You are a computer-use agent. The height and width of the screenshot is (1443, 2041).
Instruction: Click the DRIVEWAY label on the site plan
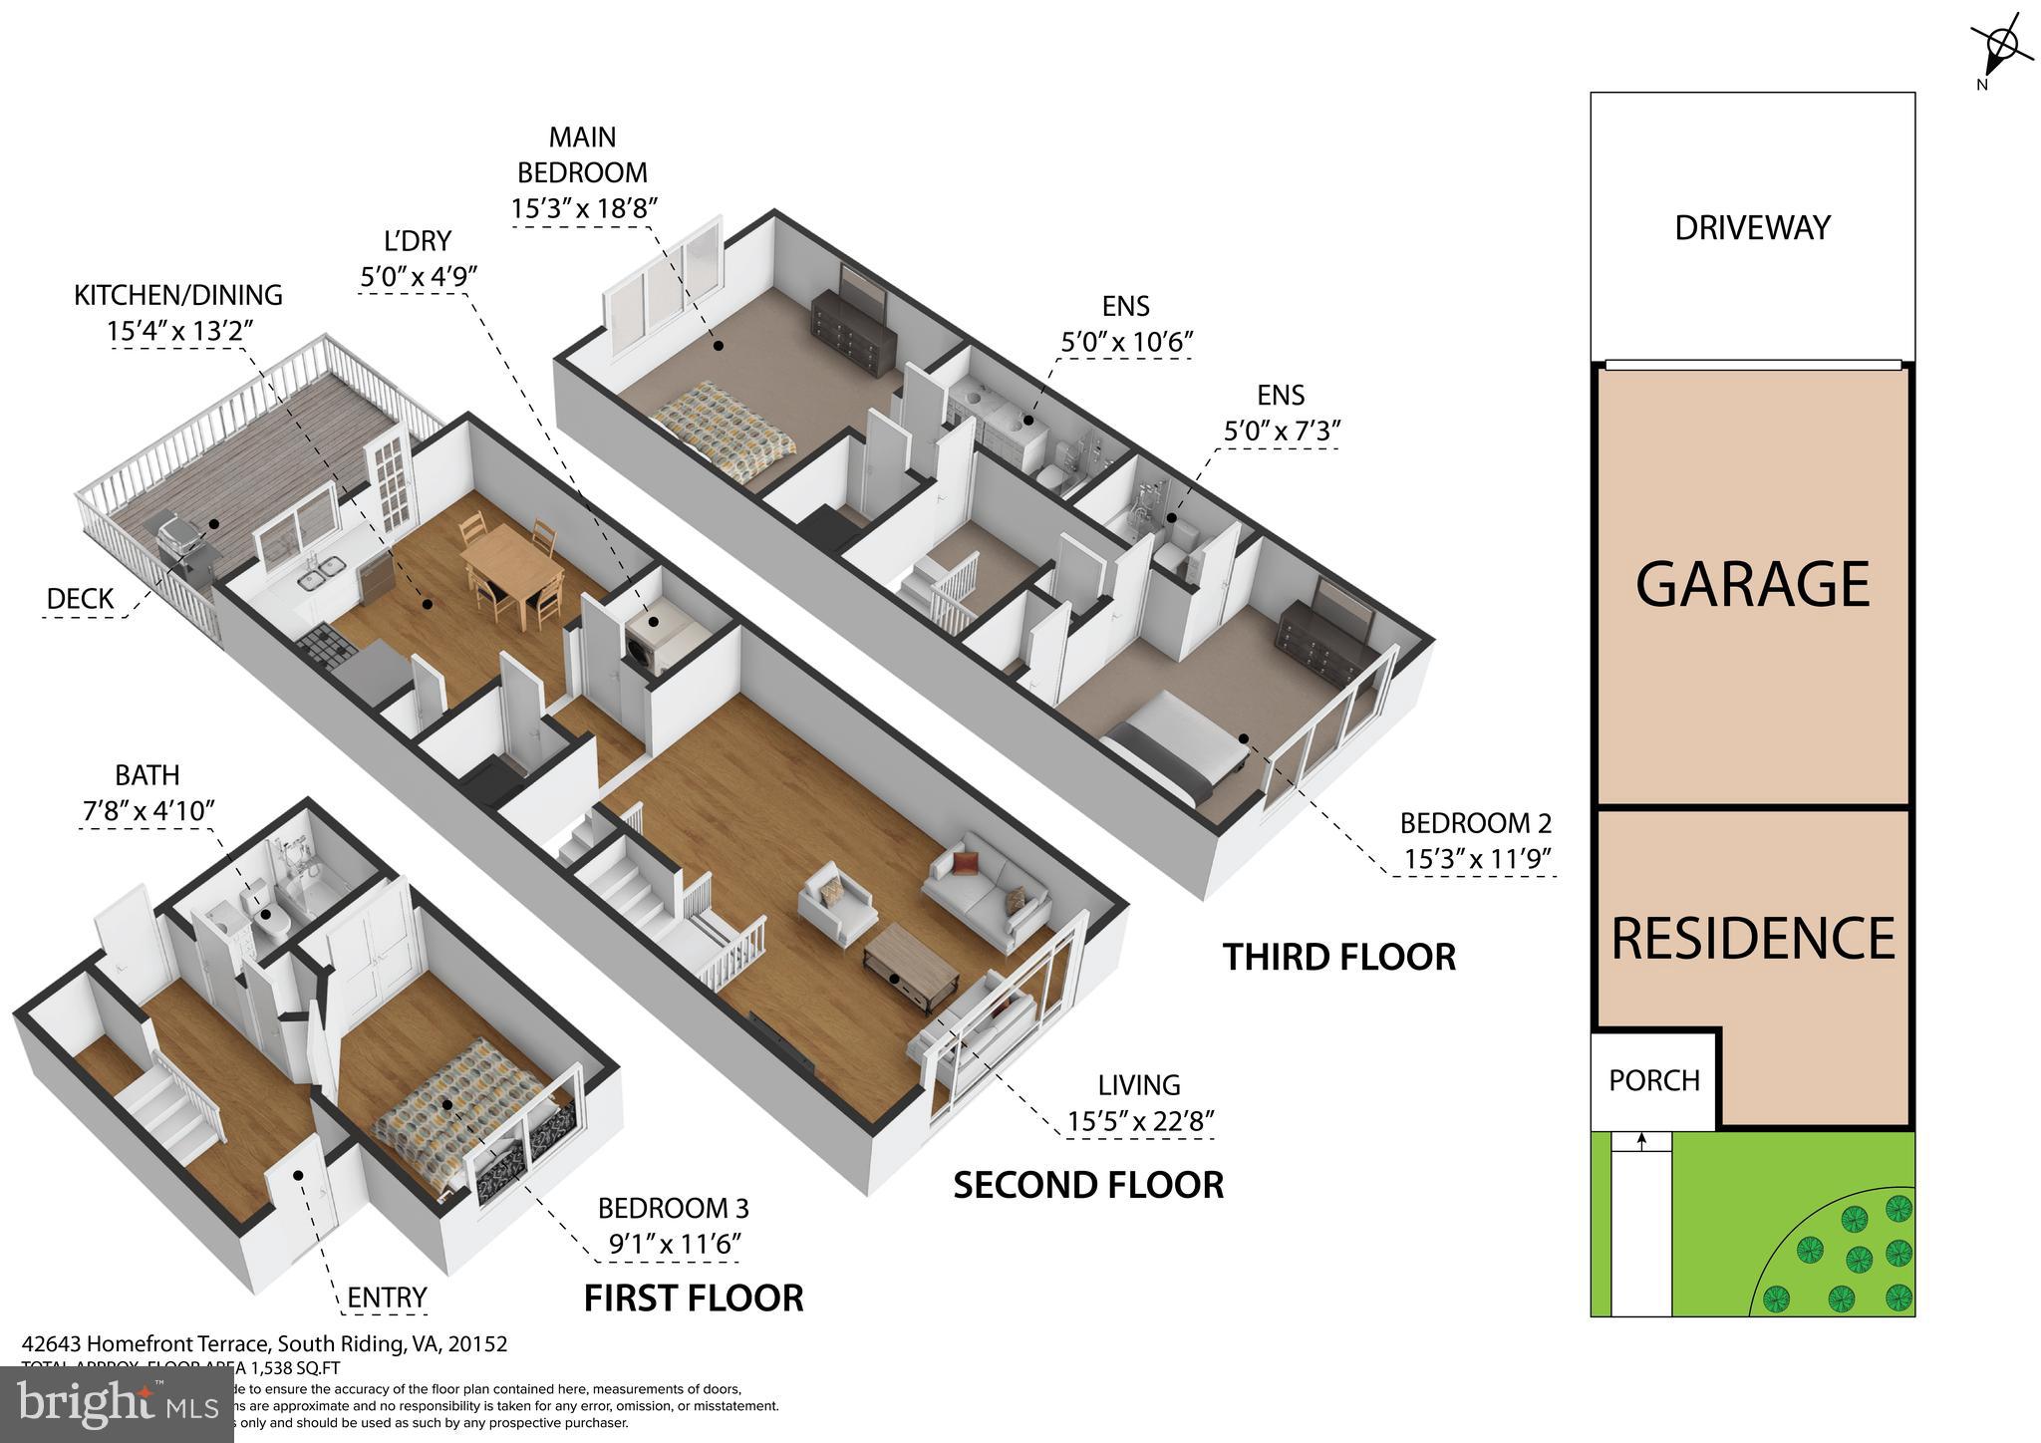[1752, 228]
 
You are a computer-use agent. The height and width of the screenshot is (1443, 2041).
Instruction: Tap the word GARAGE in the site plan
[1752, 584]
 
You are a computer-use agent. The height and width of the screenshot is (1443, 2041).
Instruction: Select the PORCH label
[1654, 1080]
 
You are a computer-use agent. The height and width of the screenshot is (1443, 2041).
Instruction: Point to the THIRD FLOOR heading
[1338, 957]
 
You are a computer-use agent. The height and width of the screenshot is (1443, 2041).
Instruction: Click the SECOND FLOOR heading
[1087, 1185]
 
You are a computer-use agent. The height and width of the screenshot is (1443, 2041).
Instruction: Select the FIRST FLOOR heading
[693, 1299]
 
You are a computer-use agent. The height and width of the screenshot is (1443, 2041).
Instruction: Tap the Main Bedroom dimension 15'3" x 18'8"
[583, 209]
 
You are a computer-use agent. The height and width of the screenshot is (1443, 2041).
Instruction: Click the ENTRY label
[387, 1298]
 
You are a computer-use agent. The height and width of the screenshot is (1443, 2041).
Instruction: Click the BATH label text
[147, 775]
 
